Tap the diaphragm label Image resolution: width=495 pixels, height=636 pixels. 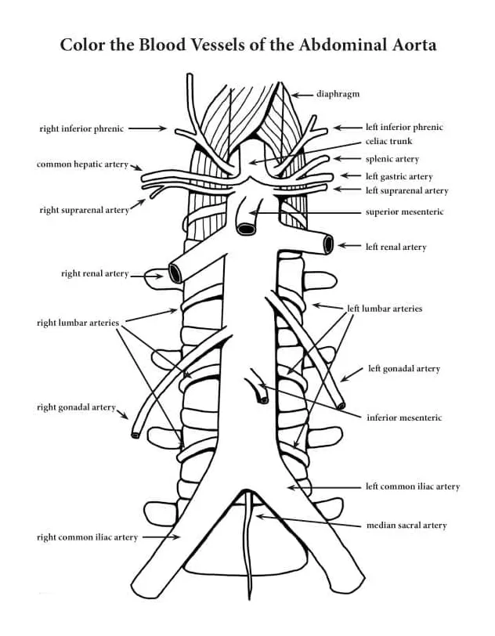coord(338,94)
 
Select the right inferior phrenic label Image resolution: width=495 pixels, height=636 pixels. coord(81,128)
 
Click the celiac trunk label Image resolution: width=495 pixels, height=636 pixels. coord(388,142)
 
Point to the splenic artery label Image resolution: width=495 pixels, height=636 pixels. coord(392,159)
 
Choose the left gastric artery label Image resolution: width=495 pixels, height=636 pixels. coord(399,176)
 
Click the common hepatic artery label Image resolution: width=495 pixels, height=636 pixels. coord(82,164)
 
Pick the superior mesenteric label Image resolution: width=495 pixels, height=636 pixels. coord(404,211)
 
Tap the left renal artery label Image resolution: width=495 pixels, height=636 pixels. coord(396,247)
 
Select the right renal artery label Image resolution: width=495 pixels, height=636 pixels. coord(94,274)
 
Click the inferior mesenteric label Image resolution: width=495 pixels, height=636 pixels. coord(403,417)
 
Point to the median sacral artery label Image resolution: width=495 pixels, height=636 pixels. coord(406,525)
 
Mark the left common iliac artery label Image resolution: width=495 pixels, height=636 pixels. coord(412,486)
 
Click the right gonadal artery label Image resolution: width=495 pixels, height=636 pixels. coord(76,407)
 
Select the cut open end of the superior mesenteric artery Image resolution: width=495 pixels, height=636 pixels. coord(246,229)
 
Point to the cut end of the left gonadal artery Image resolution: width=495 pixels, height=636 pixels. coord(341,405)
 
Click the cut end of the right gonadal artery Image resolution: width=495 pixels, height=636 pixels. coord(136,433)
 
